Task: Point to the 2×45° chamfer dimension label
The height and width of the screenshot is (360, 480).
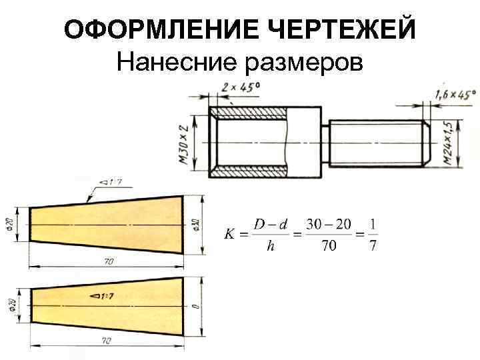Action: [x=241, y=87]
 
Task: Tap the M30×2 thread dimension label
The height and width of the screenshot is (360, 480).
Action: [x=183, y=140]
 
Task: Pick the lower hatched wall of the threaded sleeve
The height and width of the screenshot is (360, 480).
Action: [x=253, y=171]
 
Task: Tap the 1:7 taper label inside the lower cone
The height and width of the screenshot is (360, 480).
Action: [x=100, y=294]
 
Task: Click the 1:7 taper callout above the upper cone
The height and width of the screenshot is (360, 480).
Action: [x=109, y=181]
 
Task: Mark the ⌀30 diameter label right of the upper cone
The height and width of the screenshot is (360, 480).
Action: [x=196, y=224]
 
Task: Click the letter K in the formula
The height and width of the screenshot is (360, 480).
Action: [x=229, y=235]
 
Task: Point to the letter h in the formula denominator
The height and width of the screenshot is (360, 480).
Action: [x=270, y=247]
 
